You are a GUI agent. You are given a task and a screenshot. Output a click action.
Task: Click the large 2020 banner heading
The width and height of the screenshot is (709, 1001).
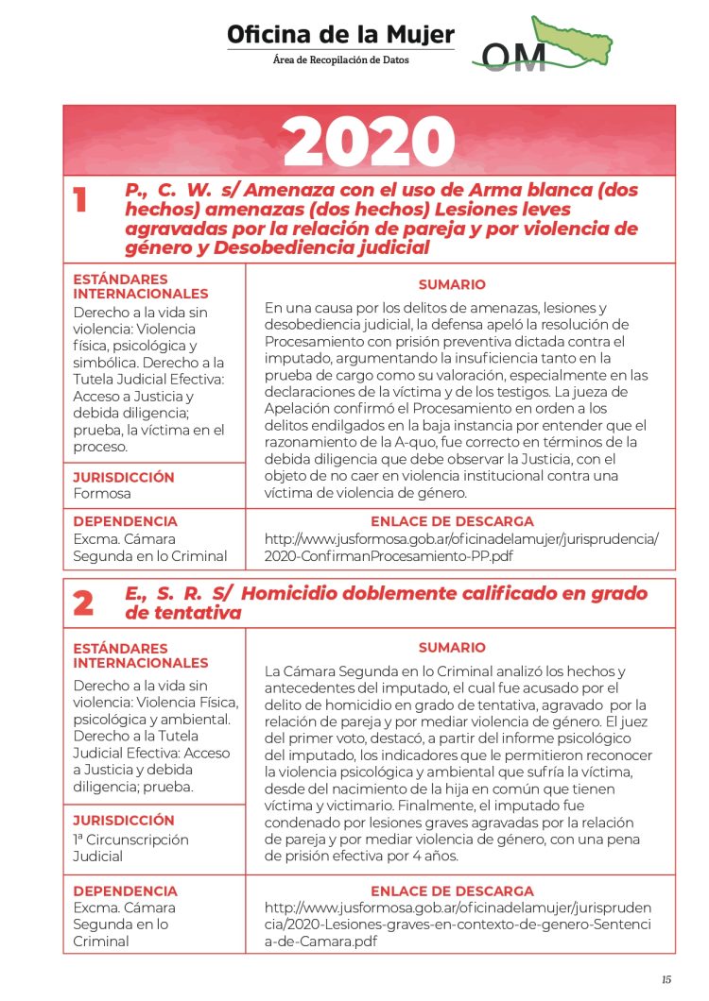369,142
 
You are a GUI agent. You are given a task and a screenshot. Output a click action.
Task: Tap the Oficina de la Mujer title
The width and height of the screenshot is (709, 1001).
340,35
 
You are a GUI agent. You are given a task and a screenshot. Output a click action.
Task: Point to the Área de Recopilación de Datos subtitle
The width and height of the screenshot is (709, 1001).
340,59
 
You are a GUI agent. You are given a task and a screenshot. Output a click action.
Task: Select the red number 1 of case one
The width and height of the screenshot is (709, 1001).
83,200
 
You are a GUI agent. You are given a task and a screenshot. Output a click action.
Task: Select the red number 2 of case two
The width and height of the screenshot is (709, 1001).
83,603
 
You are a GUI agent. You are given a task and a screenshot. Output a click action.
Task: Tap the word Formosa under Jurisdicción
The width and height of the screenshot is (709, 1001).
102,493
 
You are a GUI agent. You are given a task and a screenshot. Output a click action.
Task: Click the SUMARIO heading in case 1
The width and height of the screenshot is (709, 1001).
452,284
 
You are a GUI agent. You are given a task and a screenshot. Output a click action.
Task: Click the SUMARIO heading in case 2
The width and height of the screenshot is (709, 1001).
452,648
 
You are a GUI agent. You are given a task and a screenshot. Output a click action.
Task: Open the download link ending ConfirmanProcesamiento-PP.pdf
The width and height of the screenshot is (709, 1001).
461,548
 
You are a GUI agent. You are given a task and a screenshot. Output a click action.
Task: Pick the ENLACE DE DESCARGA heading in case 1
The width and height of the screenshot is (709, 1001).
452,521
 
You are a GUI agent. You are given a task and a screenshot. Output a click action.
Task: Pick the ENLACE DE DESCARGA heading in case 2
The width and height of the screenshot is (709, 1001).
452,891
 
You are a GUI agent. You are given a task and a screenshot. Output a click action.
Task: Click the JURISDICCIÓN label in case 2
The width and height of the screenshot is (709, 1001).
124,821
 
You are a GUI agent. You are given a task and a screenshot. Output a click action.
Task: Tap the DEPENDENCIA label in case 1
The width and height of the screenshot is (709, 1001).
125,521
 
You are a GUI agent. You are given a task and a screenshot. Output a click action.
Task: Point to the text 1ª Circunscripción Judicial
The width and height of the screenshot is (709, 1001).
130,848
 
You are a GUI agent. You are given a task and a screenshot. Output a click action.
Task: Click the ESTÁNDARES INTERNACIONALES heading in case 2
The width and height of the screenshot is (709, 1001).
140,655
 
